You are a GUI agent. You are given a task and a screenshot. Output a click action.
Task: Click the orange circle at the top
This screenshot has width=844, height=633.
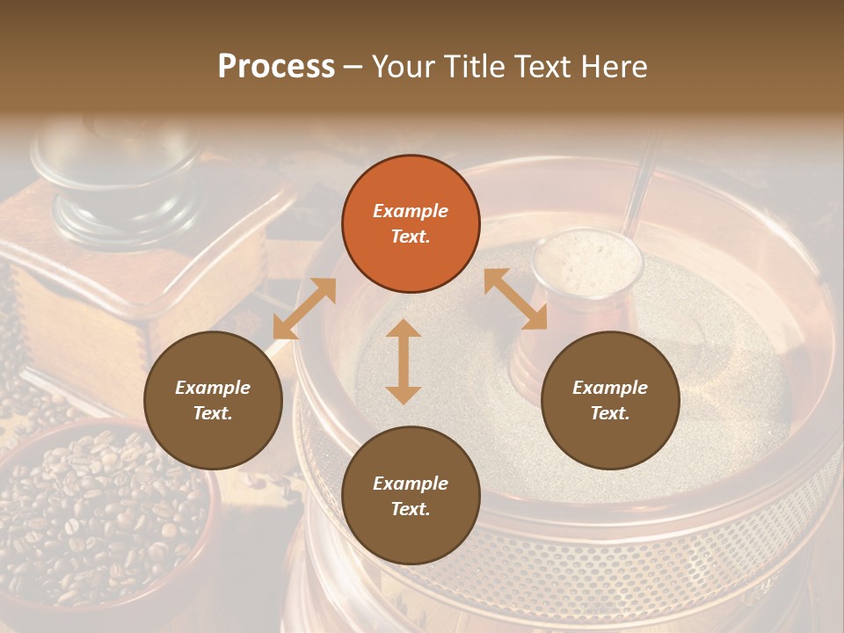coord(411,223)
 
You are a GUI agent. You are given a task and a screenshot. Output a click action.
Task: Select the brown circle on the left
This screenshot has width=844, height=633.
coord(213,400)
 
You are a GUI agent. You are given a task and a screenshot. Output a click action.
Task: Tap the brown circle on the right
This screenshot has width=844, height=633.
coord(610,400)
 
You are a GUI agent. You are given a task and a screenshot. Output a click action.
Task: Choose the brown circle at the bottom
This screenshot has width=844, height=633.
coord(411,496)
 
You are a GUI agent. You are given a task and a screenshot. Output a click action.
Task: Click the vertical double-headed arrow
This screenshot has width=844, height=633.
coord(404,361)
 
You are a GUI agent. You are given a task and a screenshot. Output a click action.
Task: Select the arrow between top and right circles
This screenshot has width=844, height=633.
coord(515,299)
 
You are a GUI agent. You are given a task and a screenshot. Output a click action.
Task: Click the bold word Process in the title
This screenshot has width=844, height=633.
coord(276,66)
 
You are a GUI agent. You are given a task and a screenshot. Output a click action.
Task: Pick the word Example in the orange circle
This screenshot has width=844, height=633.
coord(411,211)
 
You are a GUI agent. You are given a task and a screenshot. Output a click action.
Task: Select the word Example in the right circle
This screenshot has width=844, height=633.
coord(610,388)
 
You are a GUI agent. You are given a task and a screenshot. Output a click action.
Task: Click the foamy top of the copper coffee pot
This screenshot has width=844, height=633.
coord(587,263)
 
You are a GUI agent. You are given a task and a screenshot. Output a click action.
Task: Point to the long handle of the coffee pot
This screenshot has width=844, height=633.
coord(642,185)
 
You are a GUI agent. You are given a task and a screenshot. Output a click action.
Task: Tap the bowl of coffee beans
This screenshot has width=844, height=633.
coord(97,519)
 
